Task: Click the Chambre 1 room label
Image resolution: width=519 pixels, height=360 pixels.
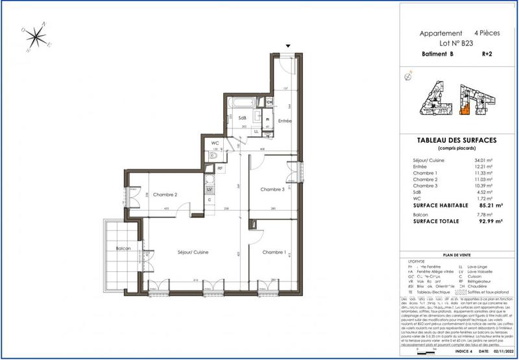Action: click(273, 252)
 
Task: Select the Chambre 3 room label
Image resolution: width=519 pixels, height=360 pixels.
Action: click(272, 189)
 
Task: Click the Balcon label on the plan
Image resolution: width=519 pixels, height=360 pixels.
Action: click(125, 249)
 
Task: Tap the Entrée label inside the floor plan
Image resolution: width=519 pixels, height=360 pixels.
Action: click(284, 121)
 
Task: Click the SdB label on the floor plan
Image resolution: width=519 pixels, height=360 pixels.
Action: click(242, 117)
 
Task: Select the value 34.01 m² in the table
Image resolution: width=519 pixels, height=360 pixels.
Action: click(483, 160)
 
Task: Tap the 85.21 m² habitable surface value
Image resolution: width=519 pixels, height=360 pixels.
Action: click(482, 204)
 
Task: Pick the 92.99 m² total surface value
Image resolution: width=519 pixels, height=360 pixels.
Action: click(482, 221)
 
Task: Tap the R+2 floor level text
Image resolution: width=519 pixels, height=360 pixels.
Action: click(487, 55)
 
